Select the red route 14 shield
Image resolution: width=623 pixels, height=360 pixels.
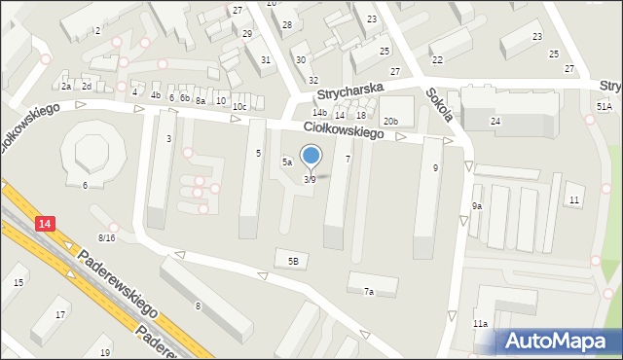[x=45, y=224]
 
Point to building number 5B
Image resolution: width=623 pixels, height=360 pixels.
[x=292, y=260]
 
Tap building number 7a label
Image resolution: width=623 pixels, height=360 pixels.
[x=369, y=291]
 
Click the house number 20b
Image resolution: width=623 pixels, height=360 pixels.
[x=390, y=121]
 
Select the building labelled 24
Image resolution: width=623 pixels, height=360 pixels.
[x=495, y=121]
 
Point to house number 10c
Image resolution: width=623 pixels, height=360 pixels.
[x=239, y=106]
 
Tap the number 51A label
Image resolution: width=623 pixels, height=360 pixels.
[x=605, y=106]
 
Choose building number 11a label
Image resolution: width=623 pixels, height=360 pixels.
[x=480, y=323]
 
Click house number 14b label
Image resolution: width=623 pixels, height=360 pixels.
[x=319, y=113]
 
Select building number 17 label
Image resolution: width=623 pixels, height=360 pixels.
[x=60, y=314]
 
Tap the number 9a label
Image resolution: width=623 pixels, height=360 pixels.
[x=477, y=206]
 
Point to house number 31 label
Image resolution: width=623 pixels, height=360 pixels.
[x=266, y=60]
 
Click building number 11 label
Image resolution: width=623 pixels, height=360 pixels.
[x=574, y=199]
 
